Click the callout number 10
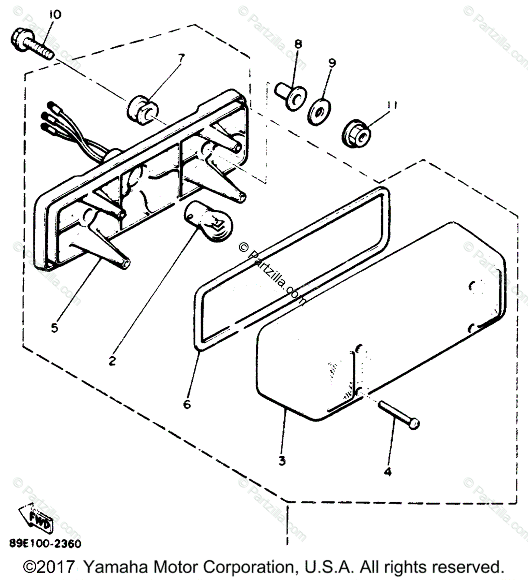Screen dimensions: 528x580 (x=55, y=14)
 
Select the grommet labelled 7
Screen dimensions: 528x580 (x=141, y=109)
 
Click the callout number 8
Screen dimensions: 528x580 (x=298, y=44)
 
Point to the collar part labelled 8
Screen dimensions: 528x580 (x=290, y=96)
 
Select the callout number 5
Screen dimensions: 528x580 (x=54, y=328)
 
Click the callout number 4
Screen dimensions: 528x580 (x=387, y=471)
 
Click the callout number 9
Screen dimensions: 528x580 (x=332, y=63)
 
